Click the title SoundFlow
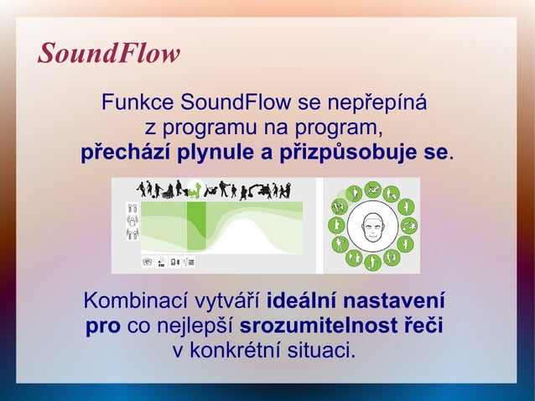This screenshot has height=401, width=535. click(109, 55)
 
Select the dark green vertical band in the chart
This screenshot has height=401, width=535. click(195, 225)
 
